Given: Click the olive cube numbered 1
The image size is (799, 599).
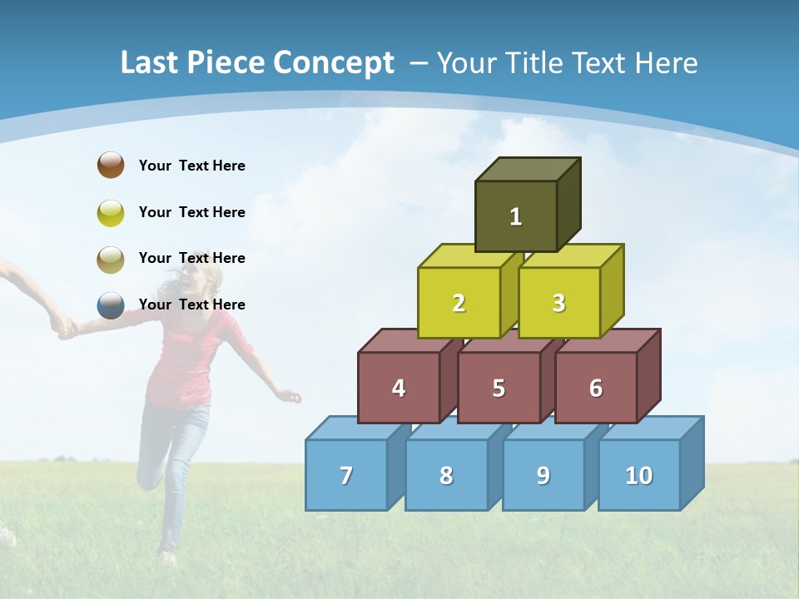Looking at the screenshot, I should [x=516, y=216].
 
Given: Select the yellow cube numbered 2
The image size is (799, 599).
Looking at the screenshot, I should [x=459, y=303].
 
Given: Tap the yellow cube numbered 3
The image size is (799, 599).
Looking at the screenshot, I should [x=558, y=303].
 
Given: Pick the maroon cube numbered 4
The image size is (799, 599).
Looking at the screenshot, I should [x=399, y=388].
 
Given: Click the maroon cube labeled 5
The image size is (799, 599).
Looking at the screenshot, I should [x=499, y=388].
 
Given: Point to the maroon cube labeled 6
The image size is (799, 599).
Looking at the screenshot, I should [x=596, y=388].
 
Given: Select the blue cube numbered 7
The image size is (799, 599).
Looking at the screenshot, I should [x=346, y=475].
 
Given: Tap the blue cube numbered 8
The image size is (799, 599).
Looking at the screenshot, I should [x=446, y=475].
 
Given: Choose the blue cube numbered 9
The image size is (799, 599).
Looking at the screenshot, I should [x=543, y=475].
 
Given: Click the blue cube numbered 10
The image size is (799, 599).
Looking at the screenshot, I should [x=638, y=475].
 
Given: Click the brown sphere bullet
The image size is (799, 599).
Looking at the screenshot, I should [x=111, y=165].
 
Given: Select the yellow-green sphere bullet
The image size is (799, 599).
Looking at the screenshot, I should [x=111, y=212].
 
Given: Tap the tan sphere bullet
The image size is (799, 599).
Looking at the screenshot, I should [x=111, y=259].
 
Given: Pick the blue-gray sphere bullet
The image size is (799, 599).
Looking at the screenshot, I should [x=111, y=305].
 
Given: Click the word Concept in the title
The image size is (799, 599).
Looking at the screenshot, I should [x=333, y=63].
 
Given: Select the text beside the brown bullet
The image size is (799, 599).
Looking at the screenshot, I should [x=192, y=166].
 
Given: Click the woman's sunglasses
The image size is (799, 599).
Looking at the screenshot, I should [x=194, y=260].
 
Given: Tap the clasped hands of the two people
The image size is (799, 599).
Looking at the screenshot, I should [x=63, y=326].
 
